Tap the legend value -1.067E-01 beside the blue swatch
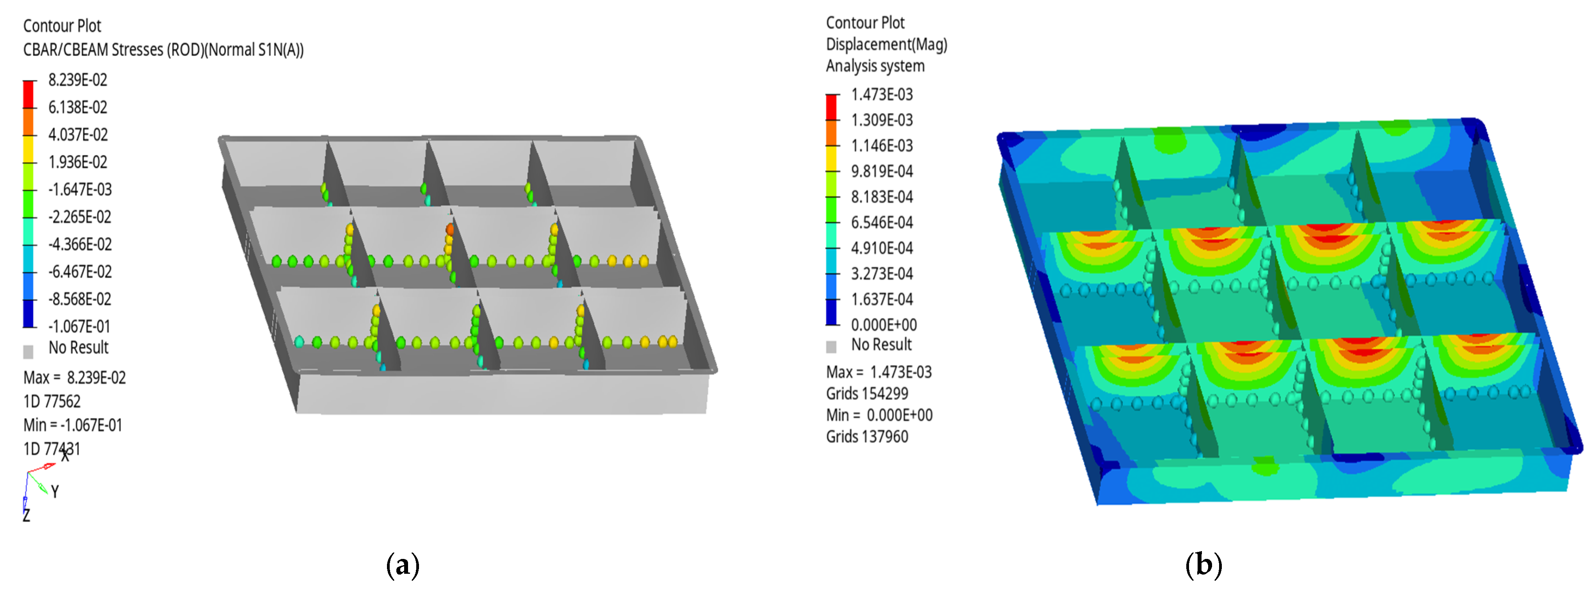[80, 326]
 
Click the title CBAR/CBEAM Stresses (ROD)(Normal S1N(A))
[163, 50]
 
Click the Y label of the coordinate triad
[55, 492]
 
